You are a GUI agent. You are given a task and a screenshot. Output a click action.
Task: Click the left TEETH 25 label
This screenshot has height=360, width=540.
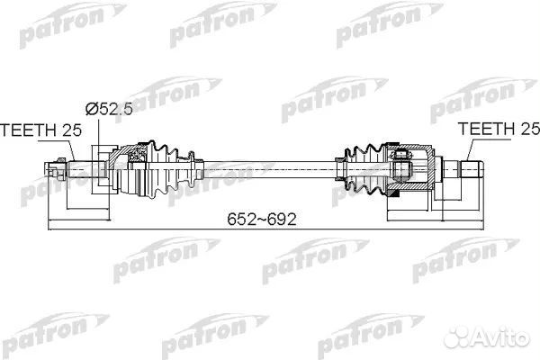point(40,130)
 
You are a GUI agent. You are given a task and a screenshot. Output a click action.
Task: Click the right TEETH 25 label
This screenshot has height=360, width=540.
point(496,130)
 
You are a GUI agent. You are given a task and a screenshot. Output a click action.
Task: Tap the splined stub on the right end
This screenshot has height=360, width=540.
point(472,167)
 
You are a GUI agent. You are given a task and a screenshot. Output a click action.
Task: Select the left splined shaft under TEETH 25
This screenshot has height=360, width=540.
point(79,166)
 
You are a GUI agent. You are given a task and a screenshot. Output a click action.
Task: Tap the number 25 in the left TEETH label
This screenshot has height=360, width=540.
point(71,130)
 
